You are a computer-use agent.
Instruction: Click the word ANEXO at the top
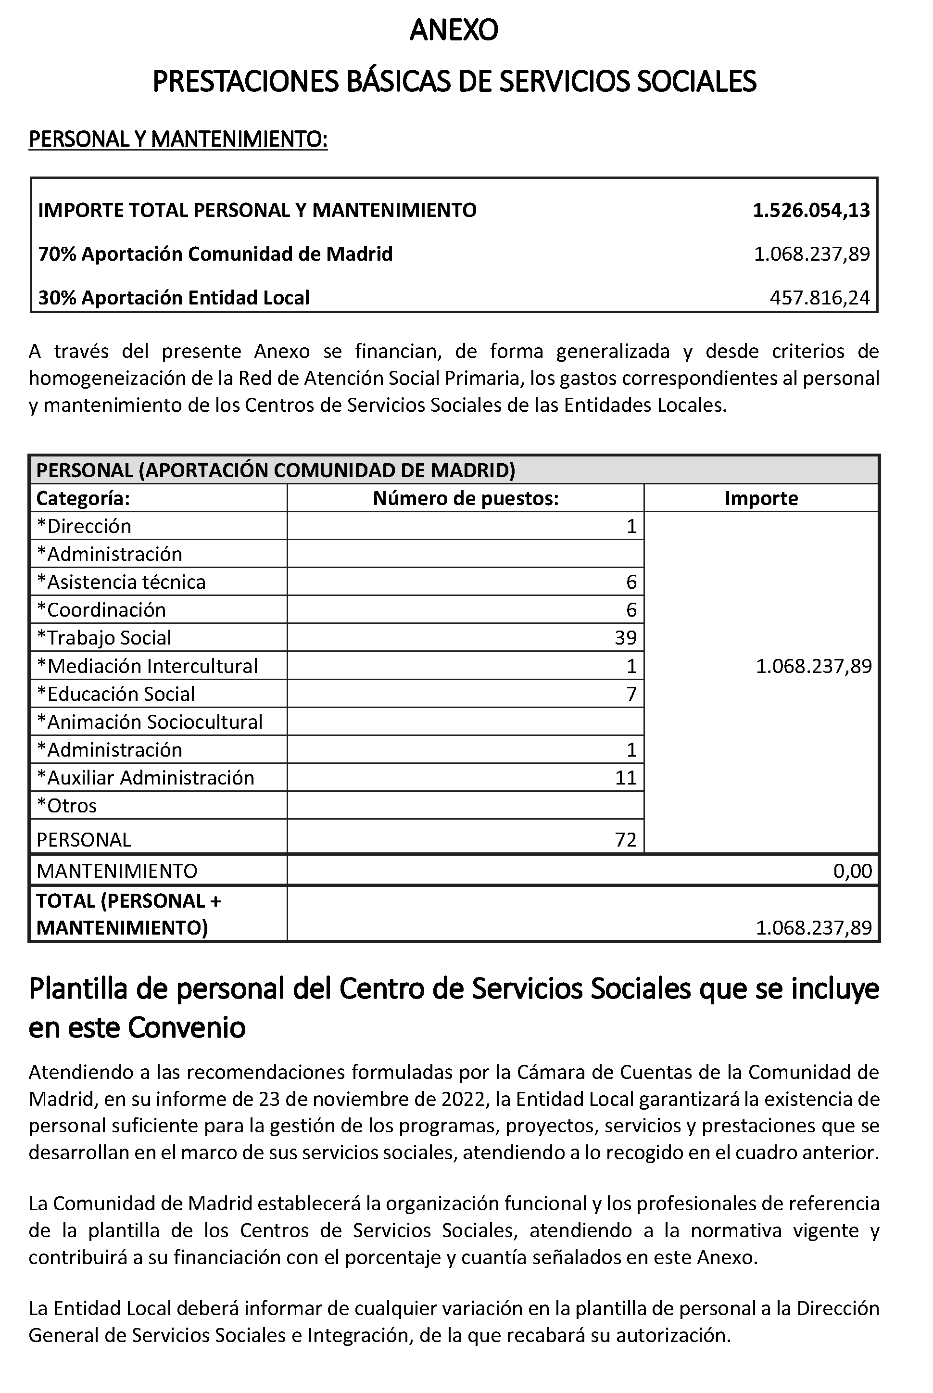(454, 30)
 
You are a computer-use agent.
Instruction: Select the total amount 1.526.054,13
(811, 210)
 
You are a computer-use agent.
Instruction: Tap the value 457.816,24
(820, 298)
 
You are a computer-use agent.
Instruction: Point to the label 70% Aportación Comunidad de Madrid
(215, 254)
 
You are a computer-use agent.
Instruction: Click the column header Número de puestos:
(466, 498)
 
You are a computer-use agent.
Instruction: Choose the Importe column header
(761, 498)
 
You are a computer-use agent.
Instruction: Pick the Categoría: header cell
(83, 498)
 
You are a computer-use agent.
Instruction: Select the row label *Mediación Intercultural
(147, 666)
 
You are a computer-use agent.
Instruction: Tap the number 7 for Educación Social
(631, 694)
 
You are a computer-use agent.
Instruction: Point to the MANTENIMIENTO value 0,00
(852, 871)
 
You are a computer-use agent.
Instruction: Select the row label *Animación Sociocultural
(150, 722)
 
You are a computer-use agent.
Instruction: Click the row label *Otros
(67, 806)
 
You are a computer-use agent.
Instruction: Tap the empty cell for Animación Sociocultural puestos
(466, 722)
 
